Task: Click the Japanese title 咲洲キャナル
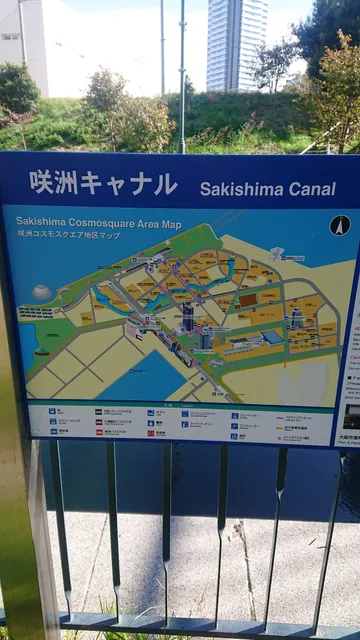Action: click(103, 183)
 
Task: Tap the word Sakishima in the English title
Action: click(238, 188)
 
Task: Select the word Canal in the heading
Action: click(308, 188)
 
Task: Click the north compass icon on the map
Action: click(340, 226)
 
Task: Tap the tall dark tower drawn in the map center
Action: click(187, 318)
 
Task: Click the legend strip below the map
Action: click(180, 421)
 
